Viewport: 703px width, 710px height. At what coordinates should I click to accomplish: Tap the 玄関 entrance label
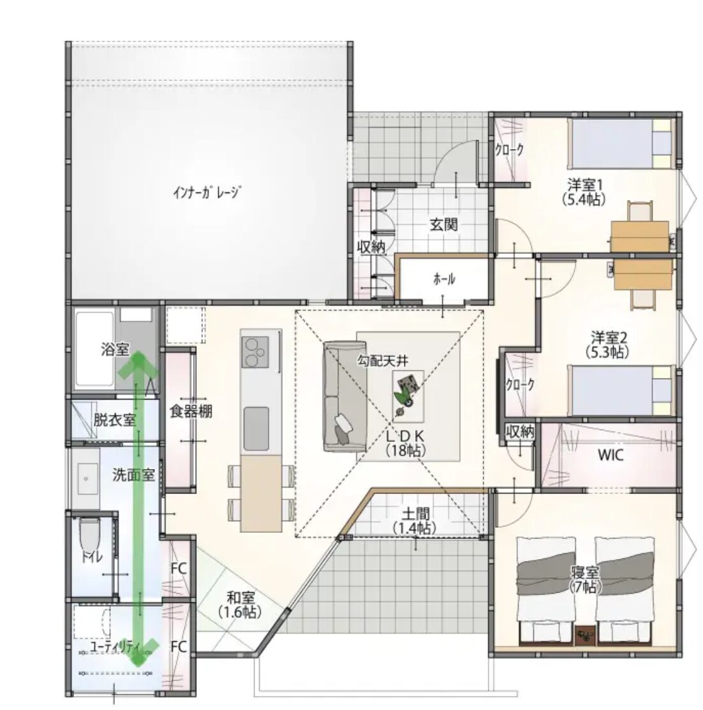[x=443, y=224]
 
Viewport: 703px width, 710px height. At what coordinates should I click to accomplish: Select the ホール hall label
[x=444, y=279]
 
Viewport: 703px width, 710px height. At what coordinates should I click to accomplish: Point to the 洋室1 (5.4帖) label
[x=585, y=192]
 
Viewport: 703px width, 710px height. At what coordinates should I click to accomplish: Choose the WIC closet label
[x=610, y=454]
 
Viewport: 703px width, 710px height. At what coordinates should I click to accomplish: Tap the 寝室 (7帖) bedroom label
[x=585, y=579]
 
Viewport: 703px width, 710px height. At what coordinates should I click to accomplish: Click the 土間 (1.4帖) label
[x=415, y=521]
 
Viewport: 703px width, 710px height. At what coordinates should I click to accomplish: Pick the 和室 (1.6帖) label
[x=241, y=605]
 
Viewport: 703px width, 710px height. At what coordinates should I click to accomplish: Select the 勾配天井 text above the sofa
[x=383, y=361]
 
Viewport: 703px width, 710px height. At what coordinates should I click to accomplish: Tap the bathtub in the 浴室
[x=94, y=349]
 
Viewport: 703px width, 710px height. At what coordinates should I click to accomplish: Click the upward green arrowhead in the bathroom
[x=137, y=365]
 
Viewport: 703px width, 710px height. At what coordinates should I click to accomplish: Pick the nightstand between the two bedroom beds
[x=585, y=635]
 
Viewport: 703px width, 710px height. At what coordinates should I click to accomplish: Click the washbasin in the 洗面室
[x=87, y=479]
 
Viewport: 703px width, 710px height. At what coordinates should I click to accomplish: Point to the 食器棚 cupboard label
[x=191, y=411]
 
